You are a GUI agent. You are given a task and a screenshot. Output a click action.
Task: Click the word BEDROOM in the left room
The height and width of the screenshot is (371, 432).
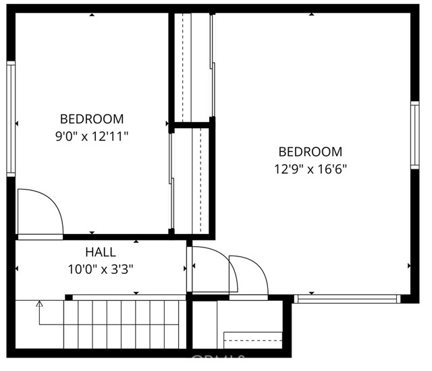[92, 119]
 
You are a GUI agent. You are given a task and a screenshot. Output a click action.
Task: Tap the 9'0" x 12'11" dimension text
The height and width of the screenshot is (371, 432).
[92, 136]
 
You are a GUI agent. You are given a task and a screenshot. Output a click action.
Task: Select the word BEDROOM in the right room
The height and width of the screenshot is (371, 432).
[310, 152]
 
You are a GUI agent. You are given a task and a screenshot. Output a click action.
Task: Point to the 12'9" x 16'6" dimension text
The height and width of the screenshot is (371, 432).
[310, 169]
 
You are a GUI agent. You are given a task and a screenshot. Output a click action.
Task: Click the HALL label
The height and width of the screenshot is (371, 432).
[100, 253]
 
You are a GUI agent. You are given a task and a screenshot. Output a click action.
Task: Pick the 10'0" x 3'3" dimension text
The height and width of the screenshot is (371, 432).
[100, 269]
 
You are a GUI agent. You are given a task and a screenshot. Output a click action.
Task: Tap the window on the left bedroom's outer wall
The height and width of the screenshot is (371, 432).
[11, 119]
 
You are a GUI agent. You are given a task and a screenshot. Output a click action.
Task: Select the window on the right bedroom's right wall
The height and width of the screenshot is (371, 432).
[414, 135]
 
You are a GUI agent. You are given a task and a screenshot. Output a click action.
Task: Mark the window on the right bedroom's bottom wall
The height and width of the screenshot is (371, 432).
[347, 298]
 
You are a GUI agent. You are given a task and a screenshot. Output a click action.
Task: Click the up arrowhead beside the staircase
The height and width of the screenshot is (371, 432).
[39, 305]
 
